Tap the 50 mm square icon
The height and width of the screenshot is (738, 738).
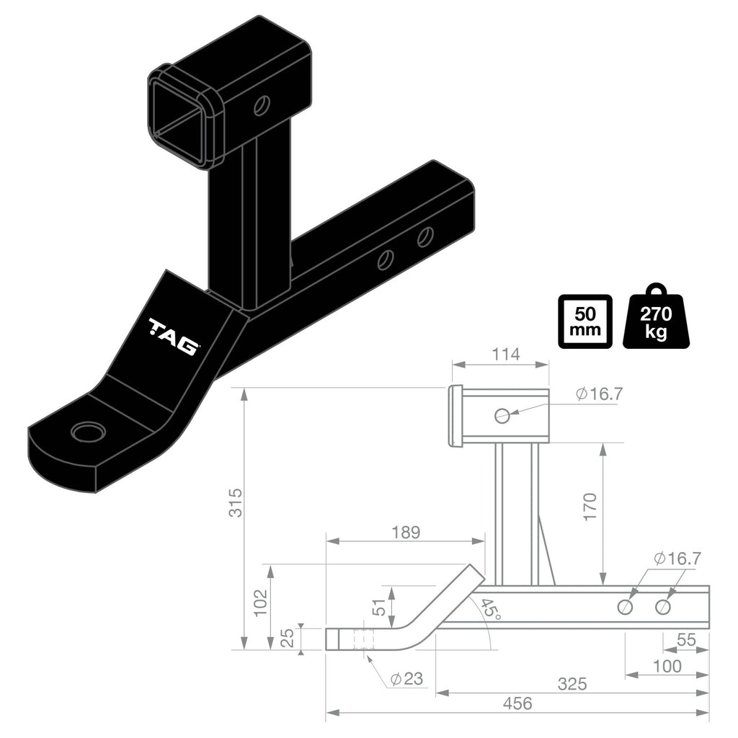point(584,321)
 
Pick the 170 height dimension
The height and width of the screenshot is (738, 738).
point(590,507)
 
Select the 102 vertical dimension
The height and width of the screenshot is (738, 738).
point(261,602)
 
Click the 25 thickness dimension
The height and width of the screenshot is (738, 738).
point(286,638)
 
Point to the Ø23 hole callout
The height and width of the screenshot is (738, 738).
point(405,679)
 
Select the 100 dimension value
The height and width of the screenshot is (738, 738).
point(667,666)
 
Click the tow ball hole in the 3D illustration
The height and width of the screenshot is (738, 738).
point(88,432)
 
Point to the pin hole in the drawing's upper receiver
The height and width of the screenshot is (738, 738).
point(502,415)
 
